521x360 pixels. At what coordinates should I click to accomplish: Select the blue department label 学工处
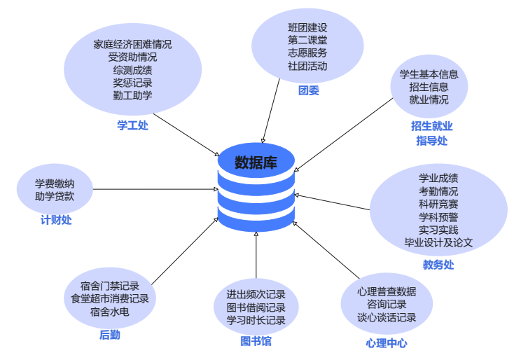click(132, 126)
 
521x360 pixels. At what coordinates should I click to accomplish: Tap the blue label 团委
click(308, 91)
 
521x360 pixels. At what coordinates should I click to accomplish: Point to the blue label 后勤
click(109, 335)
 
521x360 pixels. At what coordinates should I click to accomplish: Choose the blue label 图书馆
click(256, 341)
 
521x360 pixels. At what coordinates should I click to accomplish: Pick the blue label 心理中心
click(386, 343)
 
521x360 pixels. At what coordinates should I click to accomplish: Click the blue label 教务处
click(438, 265)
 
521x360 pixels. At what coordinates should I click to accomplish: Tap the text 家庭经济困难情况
click(132, 44)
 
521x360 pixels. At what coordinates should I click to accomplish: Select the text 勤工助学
click(132, 95)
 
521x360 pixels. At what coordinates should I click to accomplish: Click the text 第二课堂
click(307, 40)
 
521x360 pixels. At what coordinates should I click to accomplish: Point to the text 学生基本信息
click(429, 74)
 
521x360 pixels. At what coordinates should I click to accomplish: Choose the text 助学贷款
click(55, 196)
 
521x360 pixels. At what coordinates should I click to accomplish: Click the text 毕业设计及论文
click(439, 242)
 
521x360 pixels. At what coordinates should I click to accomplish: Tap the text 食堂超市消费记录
click(110, 298)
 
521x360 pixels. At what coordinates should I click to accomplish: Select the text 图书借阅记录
click(256, 307)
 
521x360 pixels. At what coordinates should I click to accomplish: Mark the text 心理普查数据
click(387, 291)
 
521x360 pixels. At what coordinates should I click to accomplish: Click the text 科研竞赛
click(439, 204)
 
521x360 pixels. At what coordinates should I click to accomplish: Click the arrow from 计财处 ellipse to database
click(154, 189)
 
